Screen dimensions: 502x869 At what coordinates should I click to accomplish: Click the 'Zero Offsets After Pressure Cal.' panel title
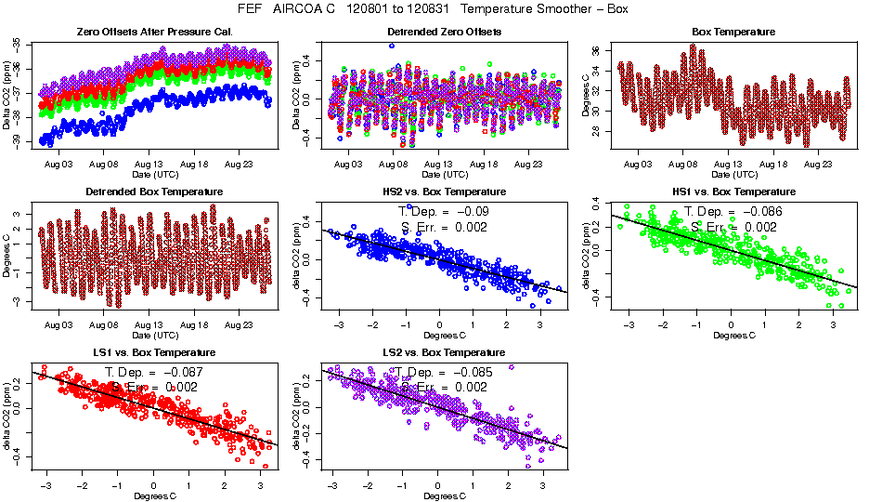click(x=154, y=32)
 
